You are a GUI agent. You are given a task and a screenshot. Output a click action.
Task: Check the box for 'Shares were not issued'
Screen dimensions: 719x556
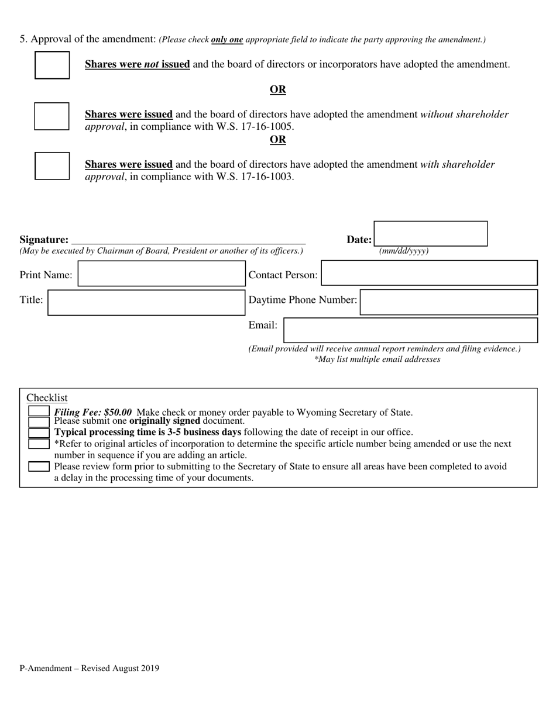click(x=52, y=65)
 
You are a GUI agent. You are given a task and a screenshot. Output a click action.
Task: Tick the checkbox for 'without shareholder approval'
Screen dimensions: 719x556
click(x=52, y=116)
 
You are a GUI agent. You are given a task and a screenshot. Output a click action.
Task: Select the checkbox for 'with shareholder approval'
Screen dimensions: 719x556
click(x=52, y=165)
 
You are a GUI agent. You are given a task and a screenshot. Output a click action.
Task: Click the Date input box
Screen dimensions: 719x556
click(x=430, y=234)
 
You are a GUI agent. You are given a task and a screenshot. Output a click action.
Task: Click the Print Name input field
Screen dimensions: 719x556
click(x=162, y=274)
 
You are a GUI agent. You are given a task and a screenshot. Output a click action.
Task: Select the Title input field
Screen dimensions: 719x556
click(x=146, y=302)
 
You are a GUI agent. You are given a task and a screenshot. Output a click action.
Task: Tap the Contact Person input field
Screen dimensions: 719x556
click(x=429, y=273)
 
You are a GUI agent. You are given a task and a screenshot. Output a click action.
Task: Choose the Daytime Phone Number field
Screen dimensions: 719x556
click(x=448, y=302)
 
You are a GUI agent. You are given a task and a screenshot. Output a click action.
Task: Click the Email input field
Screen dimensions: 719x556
click(x=410, y=330)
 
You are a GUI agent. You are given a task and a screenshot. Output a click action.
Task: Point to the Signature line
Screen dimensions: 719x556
click(x=188, y=240)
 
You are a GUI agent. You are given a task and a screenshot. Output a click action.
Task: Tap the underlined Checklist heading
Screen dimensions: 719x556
click(x=47, y=397)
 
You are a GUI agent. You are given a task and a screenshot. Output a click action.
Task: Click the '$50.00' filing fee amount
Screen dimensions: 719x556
click(x=118, y=412)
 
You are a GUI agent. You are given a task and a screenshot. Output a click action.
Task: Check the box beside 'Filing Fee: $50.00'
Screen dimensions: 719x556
click(x=39, y=412)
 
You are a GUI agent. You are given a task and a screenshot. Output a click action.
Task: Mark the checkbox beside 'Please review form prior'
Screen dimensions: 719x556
click(x=39, y=466)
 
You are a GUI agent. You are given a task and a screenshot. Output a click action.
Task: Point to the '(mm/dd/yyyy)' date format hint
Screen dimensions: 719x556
click(x=404, y=251)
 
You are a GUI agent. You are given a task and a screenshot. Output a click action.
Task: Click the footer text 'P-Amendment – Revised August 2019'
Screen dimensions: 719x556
click(x=89, y=668)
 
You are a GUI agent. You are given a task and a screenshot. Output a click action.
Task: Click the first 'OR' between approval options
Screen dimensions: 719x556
click(x=277, y=89)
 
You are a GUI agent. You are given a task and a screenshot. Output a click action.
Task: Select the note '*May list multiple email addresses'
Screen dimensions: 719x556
click(x=377, y=359)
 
